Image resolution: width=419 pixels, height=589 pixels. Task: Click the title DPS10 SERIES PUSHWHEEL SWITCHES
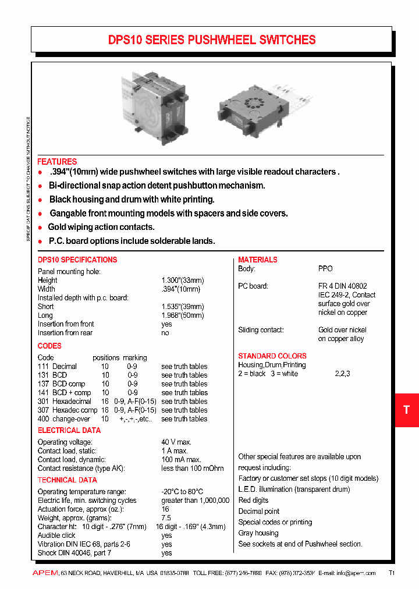coord(212,40)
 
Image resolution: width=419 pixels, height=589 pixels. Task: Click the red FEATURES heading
coord(57,161)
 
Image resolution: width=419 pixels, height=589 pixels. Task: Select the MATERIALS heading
coord(258,260)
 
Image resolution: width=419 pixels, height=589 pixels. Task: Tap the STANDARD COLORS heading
coord(272,356)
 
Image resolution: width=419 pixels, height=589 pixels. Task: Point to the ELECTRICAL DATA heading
coord(69,430)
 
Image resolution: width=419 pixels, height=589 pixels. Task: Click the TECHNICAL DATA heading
coord(68,480)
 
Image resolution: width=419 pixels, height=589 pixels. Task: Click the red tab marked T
coord(406,410)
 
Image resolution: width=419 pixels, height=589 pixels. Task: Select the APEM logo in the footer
coord(44,573)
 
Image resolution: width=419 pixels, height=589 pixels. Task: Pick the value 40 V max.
coord(176,442)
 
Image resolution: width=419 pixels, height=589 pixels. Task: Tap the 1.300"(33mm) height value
coord(183,281)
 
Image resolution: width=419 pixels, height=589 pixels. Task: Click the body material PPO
coord(325,269)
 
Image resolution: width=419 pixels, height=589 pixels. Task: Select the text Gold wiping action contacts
coord(101,227)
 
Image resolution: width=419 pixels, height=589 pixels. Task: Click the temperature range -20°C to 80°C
coord(182,492)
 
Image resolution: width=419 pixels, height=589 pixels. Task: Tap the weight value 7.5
coord(166,518)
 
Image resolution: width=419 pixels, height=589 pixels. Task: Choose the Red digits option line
coord(254,500)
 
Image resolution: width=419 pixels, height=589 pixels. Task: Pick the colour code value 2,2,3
coord(342,374)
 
